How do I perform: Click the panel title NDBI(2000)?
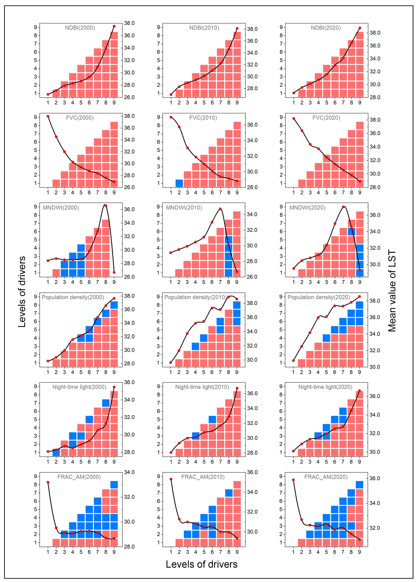[80, 28]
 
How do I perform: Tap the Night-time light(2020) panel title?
[325, 387]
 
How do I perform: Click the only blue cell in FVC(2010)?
[179, 183]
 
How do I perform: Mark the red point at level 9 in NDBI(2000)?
[114, 26]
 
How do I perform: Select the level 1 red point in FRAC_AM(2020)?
[293, 480]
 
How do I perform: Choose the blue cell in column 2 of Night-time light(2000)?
[56, 452]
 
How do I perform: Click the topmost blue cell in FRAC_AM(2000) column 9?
[114, 485]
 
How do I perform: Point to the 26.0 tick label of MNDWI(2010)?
[252, 277]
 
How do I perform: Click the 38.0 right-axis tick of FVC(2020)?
[375, 120]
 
